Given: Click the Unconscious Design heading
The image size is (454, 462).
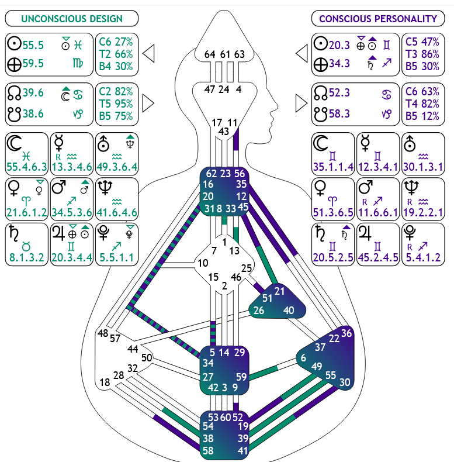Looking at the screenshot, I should pyautogui.click(x=72, y=19).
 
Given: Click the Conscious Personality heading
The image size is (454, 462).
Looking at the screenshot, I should pyautogui.click(x=378, y=19).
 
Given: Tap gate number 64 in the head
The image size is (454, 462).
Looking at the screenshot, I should pyautogui.click(x=210, y=54).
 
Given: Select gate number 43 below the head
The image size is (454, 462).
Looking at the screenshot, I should pyautogui.click(x=224, y=132).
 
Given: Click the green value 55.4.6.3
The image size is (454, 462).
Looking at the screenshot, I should pyautogui.click(x=26, y=167).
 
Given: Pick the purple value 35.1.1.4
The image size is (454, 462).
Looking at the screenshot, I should pyautogui.click(x=333, y=167).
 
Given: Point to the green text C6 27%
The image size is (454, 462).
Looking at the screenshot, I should pyautogui.click(x=116, y=42).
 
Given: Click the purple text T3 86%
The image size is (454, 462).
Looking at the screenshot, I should pyautogui.click(x=423, y=54).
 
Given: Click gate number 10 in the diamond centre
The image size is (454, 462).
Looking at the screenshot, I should pyautogui.click(x=203, y=263).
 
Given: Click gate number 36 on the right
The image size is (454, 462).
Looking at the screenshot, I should pyautogui.click(x=347, y=333).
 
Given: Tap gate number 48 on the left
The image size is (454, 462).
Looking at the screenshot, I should pyautogui.click(x=103, y=333).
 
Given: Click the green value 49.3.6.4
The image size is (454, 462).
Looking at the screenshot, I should pyautogui.click(x=116, y=167).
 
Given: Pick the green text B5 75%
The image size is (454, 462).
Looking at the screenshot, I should pyautogui.click(x=116, y=115).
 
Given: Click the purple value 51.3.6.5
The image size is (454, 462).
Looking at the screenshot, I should pyautogui.click(x=333, y=212).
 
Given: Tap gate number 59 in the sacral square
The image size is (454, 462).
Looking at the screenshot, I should pyautogui.click(x=240, y=377).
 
